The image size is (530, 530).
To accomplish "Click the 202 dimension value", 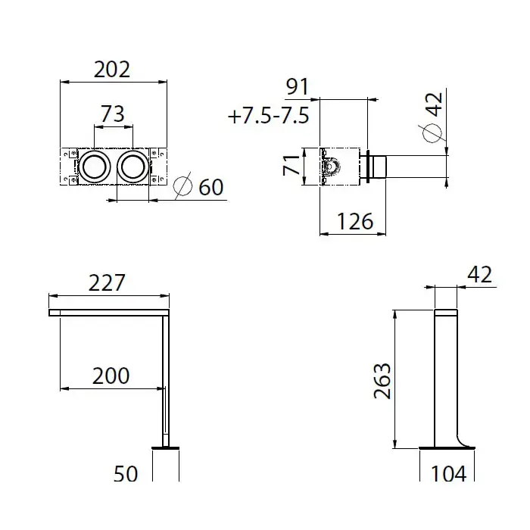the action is coord(112,70).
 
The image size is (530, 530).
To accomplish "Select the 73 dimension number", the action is coord(113,114).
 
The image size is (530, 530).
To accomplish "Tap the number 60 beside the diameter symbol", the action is coord(211,187).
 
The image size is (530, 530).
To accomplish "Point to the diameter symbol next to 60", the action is coord(183,185).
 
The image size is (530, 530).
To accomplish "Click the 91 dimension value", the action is coord(298,87).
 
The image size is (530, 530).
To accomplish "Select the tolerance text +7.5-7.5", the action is coord(269,116).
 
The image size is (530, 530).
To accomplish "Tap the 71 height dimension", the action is coord(291,166).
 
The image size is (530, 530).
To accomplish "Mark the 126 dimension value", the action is coord(355,221).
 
